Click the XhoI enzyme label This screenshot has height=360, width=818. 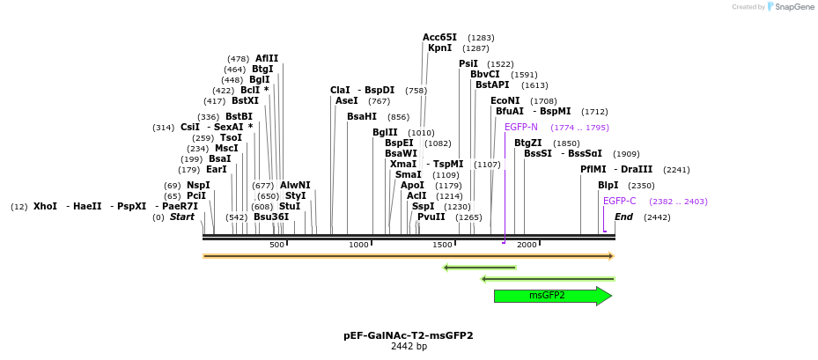(45, 206)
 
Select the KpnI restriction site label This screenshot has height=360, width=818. (439, 48)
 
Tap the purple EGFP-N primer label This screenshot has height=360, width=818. (520, 127)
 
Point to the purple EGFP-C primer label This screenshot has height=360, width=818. (619, 201)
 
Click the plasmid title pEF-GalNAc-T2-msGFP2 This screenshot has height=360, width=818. (408, 335)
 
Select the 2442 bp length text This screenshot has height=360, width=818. (408, 347)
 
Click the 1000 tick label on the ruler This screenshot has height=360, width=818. (358, 245)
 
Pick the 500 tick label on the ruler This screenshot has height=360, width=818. (276, 245)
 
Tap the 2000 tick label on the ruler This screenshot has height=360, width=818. (527, 245)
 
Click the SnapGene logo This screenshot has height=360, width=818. (791, 7)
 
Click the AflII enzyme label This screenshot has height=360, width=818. (267, 58)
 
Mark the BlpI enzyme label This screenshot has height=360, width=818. (608, 185)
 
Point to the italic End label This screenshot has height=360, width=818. (623, 217)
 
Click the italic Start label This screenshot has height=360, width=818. (182, 217)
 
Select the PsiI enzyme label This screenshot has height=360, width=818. (468, 63)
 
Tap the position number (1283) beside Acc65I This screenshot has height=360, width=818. (481, 38)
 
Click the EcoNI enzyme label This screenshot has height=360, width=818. (505, 100)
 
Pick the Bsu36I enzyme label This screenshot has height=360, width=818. (271, 217)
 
